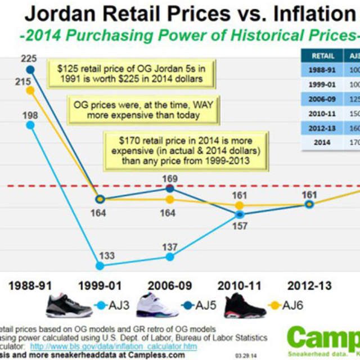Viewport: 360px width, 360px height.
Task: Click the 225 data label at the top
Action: pyautogui.click(x=30, y=58)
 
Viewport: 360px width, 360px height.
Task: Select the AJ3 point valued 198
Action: pyautogui.click(x=30, y=125)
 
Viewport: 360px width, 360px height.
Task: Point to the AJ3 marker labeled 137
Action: pyautogui.click(x=170, y=256)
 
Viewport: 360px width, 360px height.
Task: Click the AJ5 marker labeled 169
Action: pyautogui.click(x=170, y=188)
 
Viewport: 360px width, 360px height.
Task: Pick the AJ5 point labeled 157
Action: pyautogui.click(x=240, y=214)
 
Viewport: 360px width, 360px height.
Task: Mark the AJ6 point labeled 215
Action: pyautogui.click(x=30, y=90)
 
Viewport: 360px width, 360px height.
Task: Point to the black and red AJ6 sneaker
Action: pyautogui.click(x=245, y=305)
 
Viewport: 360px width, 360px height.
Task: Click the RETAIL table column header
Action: pyautogui.click(x=322, y=56)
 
